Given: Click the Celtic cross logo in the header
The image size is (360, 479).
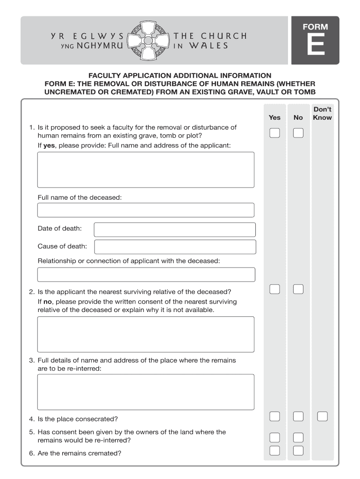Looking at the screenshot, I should coord(149,41).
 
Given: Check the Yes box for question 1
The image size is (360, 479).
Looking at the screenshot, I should coord(275,133).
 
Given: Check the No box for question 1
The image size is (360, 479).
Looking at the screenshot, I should coord(298,133).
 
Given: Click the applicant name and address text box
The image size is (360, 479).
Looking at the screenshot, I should coord(146,169).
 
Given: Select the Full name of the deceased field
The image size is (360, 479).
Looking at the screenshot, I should coord(146,210).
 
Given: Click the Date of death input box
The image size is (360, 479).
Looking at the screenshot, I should coord(175,230).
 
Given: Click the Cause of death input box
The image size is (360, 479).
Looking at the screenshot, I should coord(175,247).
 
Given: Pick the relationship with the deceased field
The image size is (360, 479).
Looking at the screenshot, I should coord(146,275).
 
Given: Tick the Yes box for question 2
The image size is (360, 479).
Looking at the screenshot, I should coord(275,289).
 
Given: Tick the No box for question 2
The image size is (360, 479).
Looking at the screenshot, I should coord(298,289).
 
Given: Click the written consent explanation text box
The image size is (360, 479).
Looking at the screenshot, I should coord(146,334).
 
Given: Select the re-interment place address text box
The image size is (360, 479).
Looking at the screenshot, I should coord(146,392).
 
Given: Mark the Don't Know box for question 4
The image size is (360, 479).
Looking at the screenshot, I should coord(322,416).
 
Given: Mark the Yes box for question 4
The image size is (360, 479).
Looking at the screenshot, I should coord(275,416).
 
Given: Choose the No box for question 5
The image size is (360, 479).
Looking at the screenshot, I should coord(298,438).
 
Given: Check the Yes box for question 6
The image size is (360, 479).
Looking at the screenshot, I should coord(275,450).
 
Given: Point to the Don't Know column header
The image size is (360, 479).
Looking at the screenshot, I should coord(322,113).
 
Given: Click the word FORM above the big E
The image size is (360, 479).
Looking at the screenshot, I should coord(315,27).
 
